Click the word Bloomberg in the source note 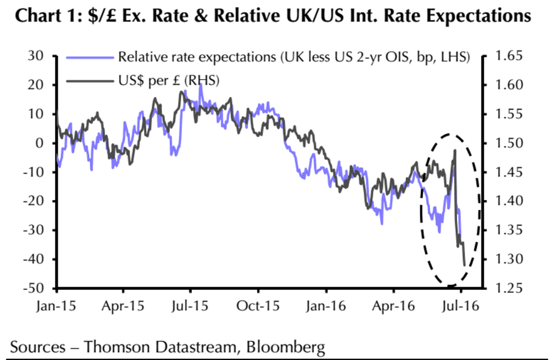click(x=285, y=347)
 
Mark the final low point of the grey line click(x=464, y=265)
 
